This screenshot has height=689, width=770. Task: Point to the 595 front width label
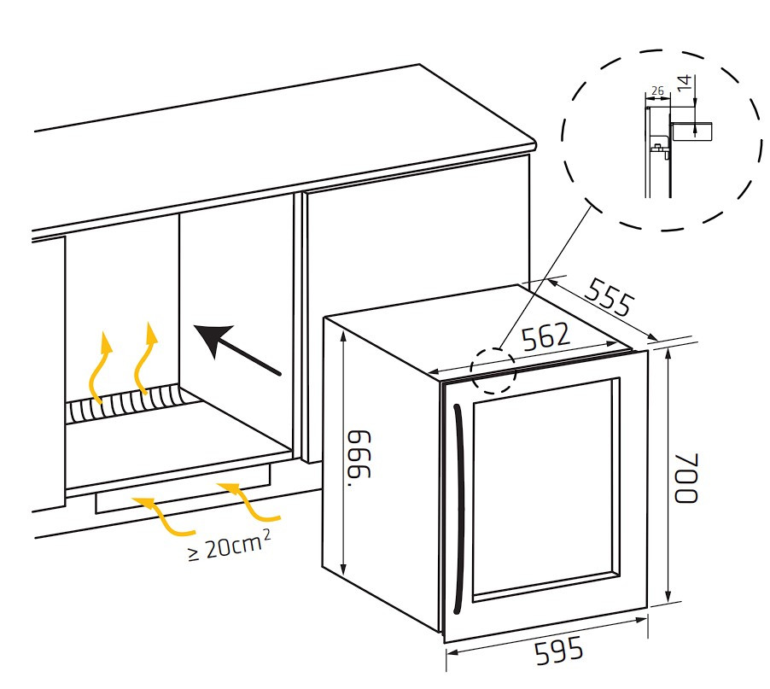tap(558, 651)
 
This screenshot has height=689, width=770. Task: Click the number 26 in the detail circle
tap(657, 90)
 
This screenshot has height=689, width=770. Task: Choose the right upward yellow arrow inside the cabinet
tap(146, 359)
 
